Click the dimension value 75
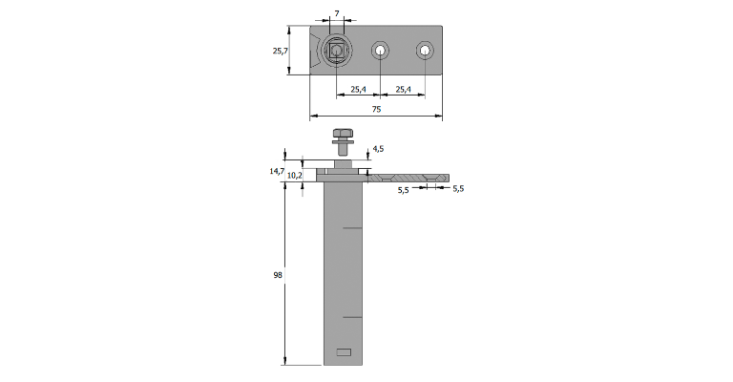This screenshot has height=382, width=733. pos(376,109)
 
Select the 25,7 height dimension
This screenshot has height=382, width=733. pos(280,51)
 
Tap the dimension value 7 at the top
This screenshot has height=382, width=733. pos(337,13)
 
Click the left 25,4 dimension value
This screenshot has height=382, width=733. pos(358,89)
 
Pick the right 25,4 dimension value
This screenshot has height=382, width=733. pos(403,89)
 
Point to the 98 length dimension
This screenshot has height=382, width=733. pos(278,275)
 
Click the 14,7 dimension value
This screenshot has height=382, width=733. pos(277,171)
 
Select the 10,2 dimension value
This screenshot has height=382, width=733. pos(295,176)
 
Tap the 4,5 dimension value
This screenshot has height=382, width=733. pos(378,149)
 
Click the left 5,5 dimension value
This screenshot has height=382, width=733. pos(404,190)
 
